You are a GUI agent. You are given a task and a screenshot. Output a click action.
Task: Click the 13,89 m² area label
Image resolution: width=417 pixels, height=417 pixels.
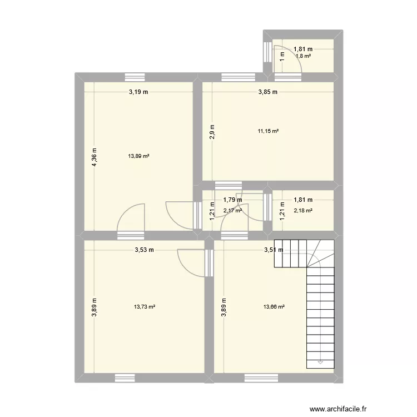click(138, 156)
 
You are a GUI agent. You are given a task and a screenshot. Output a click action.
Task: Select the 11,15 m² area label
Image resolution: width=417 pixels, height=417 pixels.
click(267, 131)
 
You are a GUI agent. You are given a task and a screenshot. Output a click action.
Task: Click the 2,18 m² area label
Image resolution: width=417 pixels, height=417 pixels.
click(303, 210)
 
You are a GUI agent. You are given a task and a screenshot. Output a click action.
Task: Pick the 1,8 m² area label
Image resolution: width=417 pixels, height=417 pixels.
click(303, 56)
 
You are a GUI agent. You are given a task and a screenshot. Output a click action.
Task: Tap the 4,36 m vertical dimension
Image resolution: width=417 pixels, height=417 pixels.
click(95, 156)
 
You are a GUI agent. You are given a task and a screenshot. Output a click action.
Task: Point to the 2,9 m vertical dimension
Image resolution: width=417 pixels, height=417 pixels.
click(212, 132)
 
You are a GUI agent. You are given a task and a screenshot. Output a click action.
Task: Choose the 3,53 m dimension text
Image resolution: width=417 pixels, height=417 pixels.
click(145, 250)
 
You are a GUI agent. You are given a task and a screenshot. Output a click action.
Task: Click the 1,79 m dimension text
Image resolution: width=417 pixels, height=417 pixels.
click(232, 200)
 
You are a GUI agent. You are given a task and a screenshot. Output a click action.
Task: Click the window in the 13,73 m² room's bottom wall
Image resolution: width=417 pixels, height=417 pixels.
click(125, 378)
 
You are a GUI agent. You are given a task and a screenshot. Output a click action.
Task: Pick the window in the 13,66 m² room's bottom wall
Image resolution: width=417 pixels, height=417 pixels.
click(255, 378)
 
